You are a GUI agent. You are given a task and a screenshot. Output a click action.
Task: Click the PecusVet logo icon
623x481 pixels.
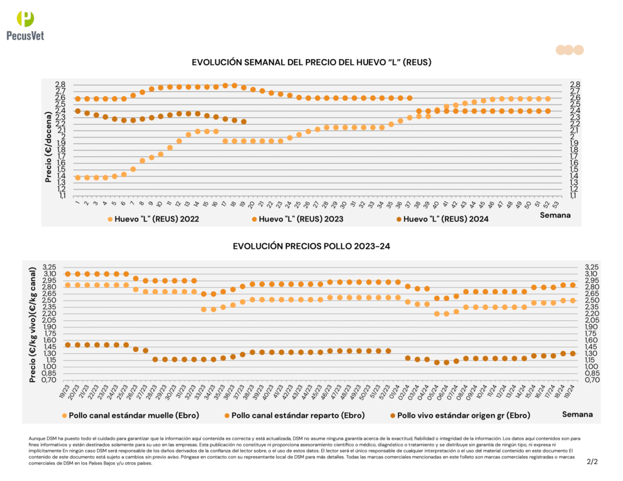coord(26,19)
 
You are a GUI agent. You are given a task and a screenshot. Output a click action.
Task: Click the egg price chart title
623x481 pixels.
coord(311,62)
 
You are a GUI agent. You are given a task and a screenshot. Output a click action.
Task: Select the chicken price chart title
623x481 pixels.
coord(311,246)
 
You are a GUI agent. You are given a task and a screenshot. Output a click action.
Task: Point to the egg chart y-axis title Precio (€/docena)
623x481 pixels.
coord(48,141)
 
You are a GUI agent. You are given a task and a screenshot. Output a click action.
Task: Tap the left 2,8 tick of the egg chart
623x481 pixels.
coord(60,85)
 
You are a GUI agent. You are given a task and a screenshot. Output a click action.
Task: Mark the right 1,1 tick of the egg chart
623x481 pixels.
coord(575,195)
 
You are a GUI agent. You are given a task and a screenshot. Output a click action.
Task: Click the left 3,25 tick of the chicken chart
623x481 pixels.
coord(49,267)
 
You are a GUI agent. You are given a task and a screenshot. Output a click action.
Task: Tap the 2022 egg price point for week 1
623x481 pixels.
coord(77,178)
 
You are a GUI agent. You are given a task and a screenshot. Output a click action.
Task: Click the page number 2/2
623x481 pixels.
coord(592,462)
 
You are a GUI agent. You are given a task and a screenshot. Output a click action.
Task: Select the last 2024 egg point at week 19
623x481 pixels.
coord(243,122)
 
